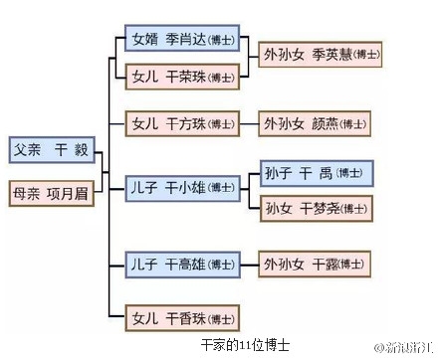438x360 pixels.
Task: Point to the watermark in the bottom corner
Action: pos(403,346)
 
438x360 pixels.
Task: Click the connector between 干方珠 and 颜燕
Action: pos(249,124)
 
